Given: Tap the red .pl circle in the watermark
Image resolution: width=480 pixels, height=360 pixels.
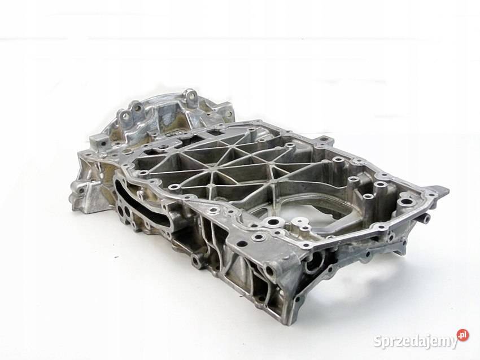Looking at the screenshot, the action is click(x=462, y=335).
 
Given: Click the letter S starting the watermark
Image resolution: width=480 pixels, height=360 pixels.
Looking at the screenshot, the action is click(x=378, y=340).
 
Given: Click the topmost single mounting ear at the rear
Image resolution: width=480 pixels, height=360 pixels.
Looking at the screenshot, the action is click(x=190, y=96).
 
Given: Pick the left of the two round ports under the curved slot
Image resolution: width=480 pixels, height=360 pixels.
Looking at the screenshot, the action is click(x=120, y=209).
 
